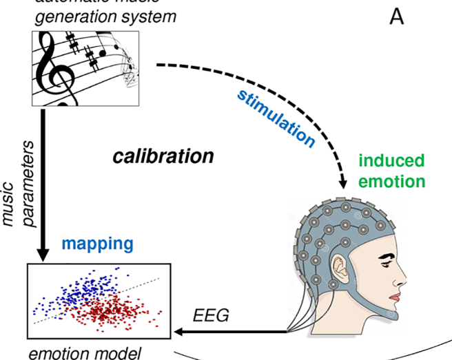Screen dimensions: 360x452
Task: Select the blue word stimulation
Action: point(276,117)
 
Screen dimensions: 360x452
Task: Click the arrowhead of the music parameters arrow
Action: point(43,253)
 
